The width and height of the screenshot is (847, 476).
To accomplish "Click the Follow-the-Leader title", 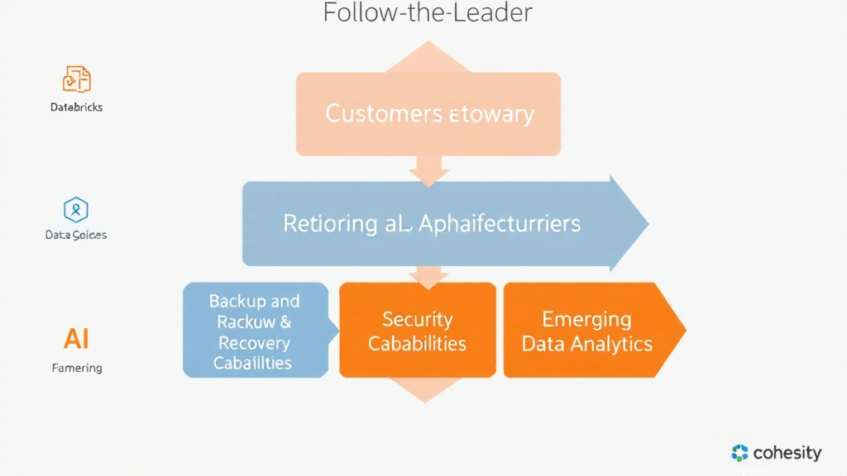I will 427,13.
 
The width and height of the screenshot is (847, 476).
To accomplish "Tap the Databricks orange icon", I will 76,79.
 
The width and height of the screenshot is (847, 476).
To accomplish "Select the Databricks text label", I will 76,107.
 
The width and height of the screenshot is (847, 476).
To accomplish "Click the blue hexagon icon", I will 76,209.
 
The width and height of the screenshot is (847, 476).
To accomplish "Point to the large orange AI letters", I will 76,338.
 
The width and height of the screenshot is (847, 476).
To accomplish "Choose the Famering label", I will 76,368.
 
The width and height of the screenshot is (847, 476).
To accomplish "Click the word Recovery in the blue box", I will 254,342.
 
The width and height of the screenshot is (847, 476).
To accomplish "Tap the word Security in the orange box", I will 417,320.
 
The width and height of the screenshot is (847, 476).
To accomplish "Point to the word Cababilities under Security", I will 417,343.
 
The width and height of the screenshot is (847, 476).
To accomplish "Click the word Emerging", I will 586,320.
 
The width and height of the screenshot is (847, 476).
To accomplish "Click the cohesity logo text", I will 787,453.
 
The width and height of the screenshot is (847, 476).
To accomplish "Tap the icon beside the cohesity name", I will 740,453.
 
